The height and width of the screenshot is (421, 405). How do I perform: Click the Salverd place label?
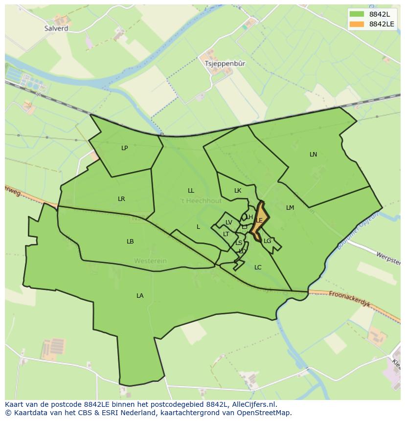[x=56, y=28]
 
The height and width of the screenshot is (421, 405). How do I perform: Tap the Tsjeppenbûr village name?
[x=225, y=64]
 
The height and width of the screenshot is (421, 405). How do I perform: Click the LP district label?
[x=124, y=148]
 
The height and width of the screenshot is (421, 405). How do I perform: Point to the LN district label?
[x=313, y=154]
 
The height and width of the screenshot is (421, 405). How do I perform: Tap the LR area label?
[x=121, y=199]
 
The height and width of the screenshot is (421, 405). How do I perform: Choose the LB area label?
[x=130, y=241]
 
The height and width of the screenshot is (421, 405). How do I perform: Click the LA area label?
[x=140, y=295]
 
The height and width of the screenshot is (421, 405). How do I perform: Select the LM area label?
[x=290, y=207]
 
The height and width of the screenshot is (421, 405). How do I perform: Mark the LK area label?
[x=238, y=191]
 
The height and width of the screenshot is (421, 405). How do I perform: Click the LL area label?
[x=191, y=190]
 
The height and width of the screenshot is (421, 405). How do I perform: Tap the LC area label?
[x=258, y=267]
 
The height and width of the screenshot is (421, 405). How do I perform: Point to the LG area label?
[x=267, y=241]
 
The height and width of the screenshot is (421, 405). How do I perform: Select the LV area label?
[x=228, y=222]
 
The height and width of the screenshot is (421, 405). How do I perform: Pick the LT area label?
[x=226, y=234]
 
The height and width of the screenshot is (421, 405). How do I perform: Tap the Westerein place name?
[x=150, y=261]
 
